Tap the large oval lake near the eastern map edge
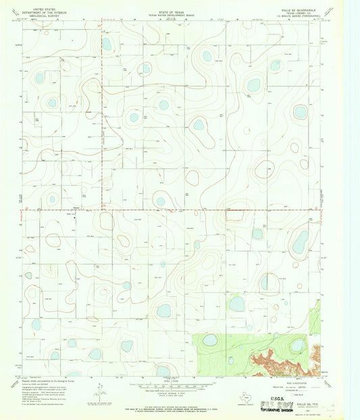point(300,242)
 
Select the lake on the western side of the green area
point(210,340)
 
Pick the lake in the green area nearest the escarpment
point(297,345)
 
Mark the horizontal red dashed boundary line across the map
point(203,210)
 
